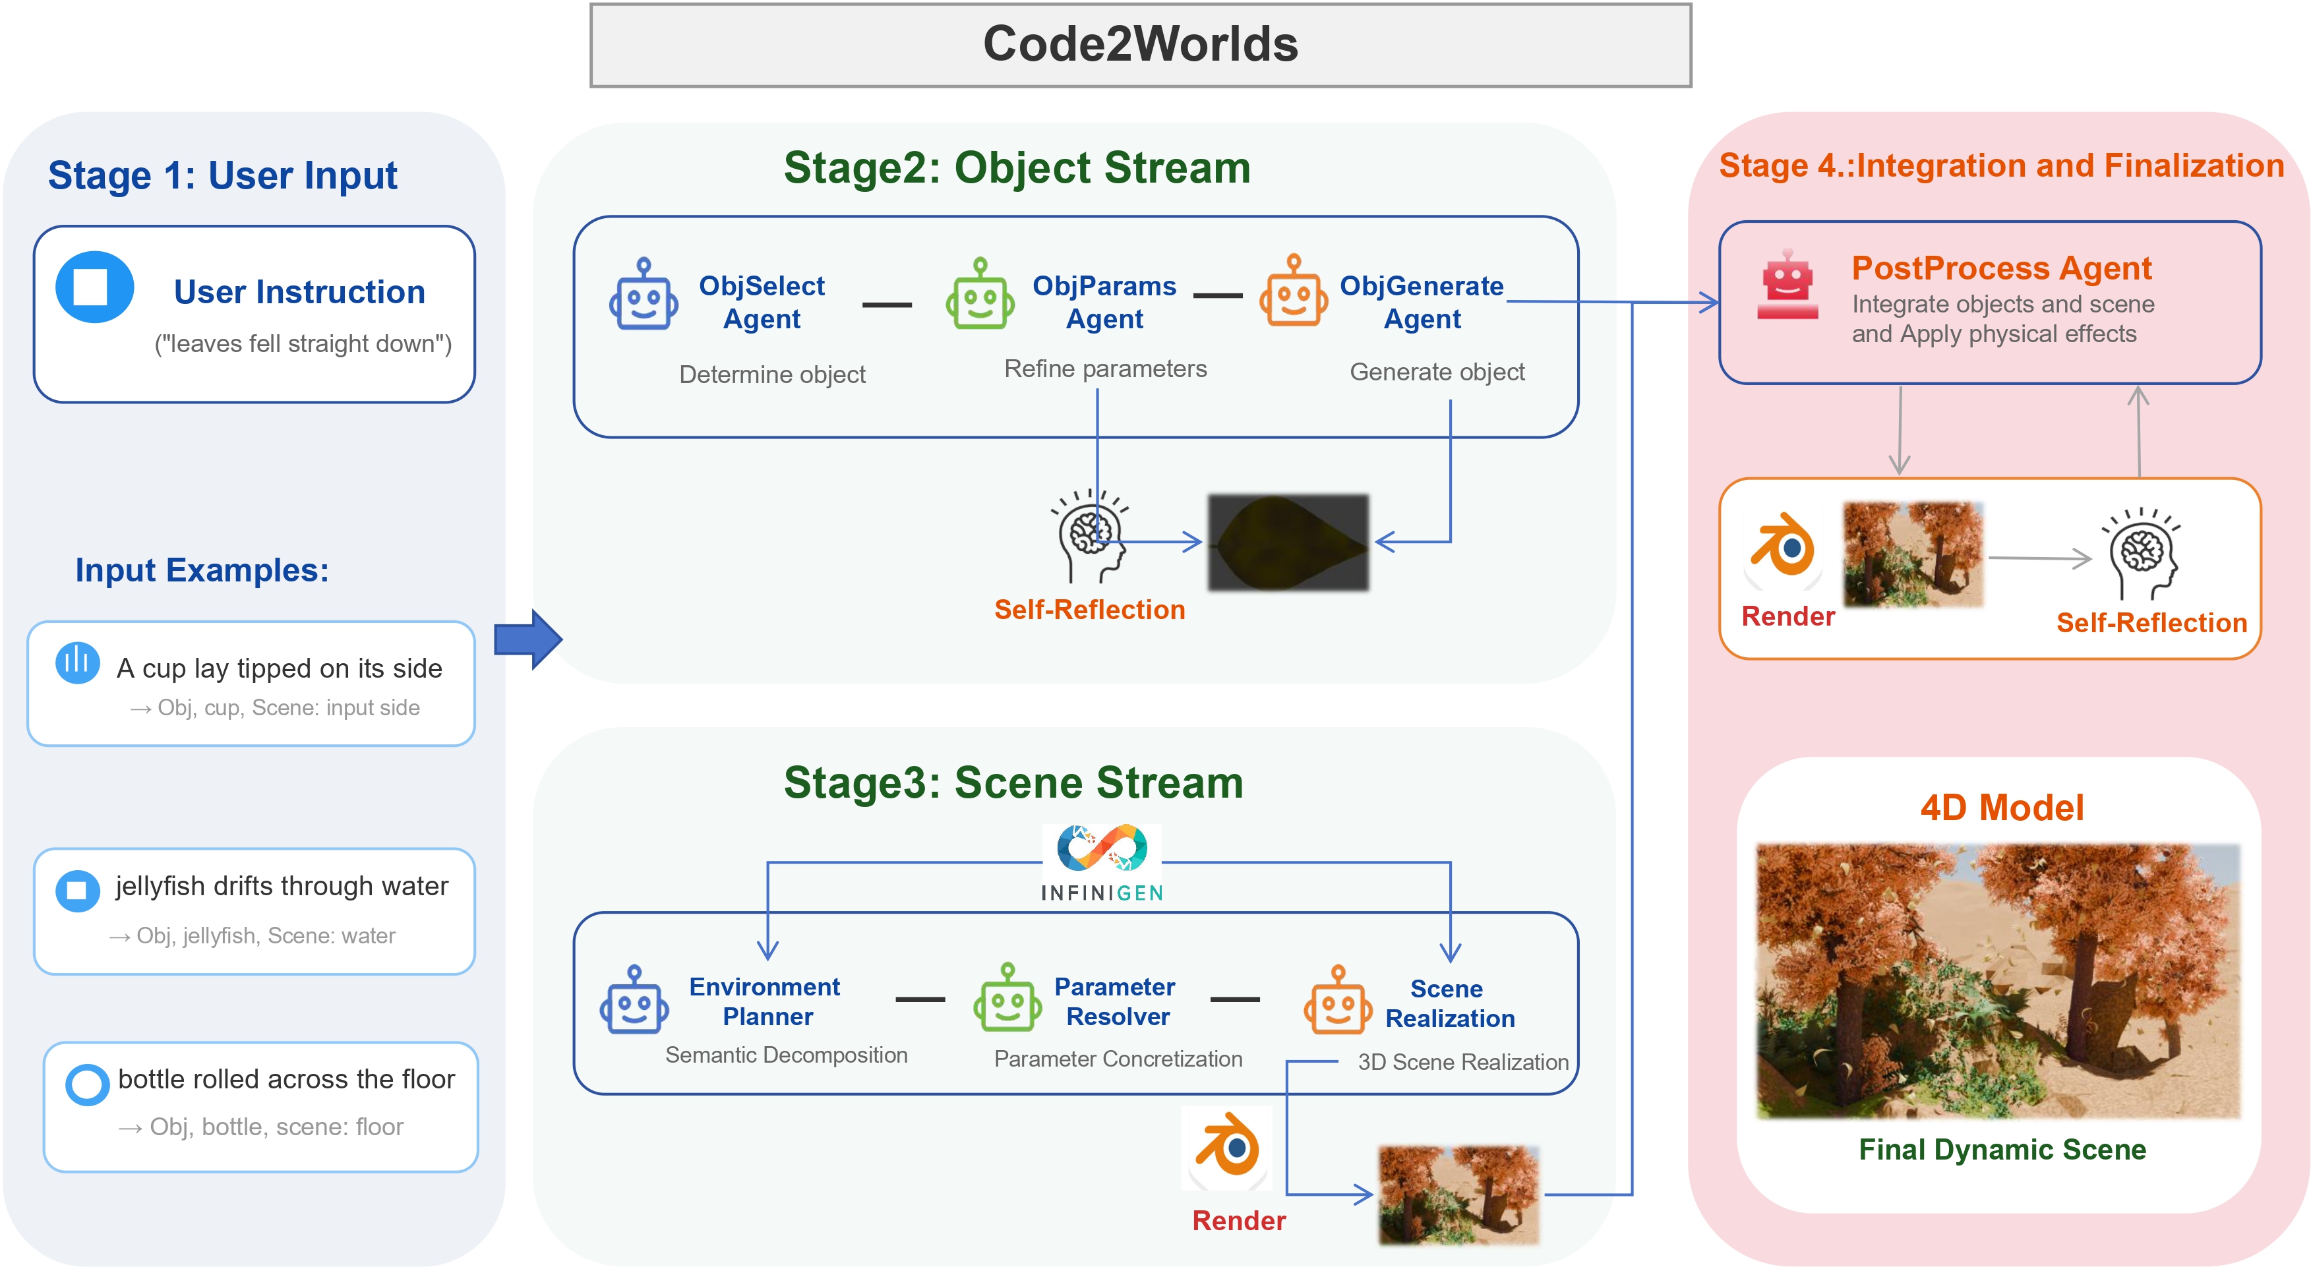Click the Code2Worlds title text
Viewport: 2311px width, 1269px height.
[1140, 44]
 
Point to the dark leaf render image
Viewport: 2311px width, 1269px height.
[1288, 542]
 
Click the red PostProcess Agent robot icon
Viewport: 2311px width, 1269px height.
[1787, 285]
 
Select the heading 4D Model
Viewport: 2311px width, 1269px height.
[2002, 807]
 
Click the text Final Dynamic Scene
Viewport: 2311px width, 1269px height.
[2002, 1149]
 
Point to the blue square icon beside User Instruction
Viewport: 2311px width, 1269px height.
[94, 287]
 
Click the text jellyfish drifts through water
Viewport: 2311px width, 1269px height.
[281, 885]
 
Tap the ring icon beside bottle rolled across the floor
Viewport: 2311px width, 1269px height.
[87, 1084]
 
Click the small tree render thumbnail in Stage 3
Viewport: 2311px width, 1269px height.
[1458, 1194]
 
